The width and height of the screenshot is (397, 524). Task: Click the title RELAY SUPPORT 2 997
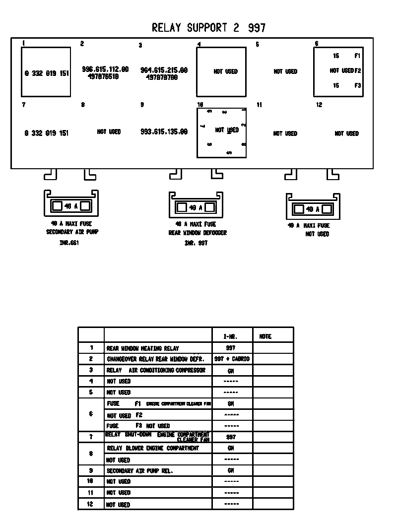(x=208, y=28)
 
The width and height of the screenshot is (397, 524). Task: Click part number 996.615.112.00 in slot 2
(x=105, y=69)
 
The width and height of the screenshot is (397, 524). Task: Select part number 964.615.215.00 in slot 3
(x=164, y=70)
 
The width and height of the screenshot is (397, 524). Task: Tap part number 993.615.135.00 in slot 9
(x=164, y=132)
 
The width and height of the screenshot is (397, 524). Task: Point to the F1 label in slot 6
(x=357, y=56)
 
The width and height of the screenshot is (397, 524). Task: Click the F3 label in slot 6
(x=357, y=86)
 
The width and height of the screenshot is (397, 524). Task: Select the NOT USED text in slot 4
(x=226, y=71)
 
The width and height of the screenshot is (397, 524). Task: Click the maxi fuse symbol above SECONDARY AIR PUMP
(x=71, y=205)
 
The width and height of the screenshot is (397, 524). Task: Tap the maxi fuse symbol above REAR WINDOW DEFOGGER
(x=196, y=207)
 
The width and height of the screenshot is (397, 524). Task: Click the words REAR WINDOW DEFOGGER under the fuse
(x=198, y=233)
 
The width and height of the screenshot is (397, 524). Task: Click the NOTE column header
(x=265, y=336)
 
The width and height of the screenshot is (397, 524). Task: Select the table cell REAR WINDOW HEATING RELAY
(x=143, y=349)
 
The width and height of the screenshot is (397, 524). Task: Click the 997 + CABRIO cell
(x=232, y=359)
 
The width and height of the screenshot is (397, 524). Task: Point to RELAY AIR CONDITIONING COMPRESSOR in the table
(x=156, y=370)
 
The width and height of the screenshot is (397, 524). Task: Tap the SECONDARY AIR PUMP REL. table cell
(x=140, y=471)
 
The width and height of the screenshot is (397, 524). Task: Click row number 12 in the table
(x=91, y=504)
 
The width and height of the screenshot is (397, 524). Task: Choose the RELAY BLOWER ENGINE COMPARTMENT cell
(x=153, y=448)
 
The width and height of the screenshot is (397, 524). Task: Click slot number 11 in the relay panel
(x=259, y=105)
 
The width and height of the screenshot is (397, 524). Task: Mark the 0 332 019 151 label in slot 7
(x=47, y=133)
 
